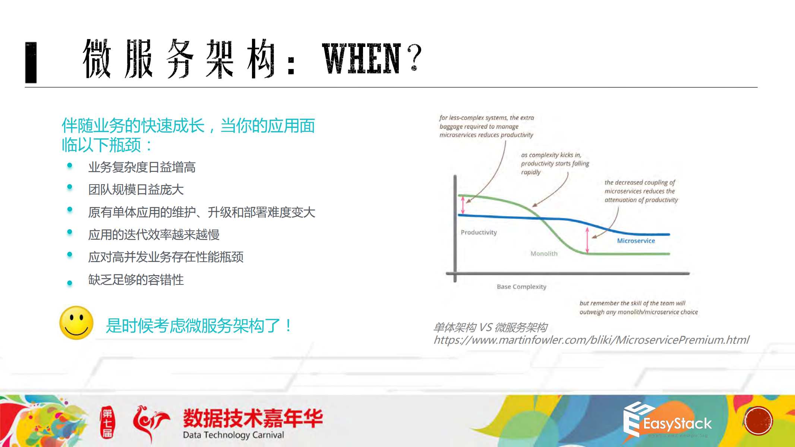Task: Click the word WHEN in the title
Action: click(362, 59)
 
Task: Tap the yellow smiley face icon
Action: click(76, 323)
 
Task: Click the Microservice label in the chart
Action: click(636, 241)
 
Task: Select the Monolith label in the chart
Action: click(544, 254)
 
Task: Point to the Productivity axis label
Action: click(479, 232)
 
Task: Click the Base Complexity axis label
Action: click(521, 287)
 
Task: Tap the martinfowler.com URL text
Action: click(591, 340)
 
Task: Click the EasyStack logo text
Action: click(677, 424)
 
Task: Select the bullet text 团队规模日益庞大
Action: click(136, 189)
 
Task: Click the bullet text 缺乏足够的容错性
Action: click(136, 280)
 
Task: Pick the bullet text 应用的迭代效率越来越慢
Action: click(154, 234)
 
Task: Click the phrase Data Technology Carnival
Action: click(233, 435)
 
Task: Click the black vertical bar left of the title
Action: click(31, 62)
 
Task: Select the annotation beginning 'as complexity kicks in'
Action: click(555, 163)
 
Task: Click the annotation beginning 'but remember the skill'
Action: click(638, 308)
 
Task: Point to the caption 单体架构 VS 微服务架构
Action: click(490, 327)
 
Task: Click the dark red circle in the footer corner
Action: click(758, 421)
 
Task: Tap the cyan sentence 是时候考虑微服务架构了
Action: click(198, 326)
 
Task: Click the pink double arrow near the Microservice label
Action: click(587, 240)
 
